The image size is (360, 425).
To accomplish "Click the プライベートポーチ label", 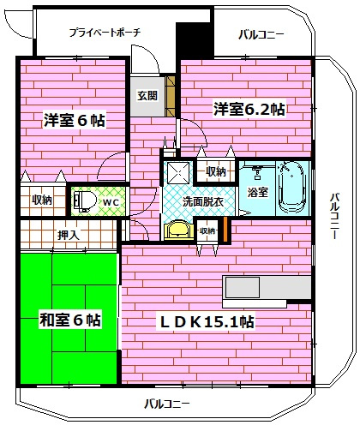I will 105,32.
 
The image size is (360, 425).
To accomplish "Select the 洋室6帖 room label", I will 75,121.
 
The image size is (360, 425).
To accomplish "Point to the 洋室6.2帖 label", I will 249,110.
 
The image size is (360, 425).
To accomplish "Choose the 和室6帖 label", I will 70,320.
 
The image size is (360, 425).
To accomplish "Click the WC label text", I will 111,202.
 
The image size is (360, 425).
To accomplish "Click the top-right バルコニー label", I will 262,34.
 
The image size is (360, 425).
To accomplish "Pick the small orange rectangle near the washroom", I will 225,230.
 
